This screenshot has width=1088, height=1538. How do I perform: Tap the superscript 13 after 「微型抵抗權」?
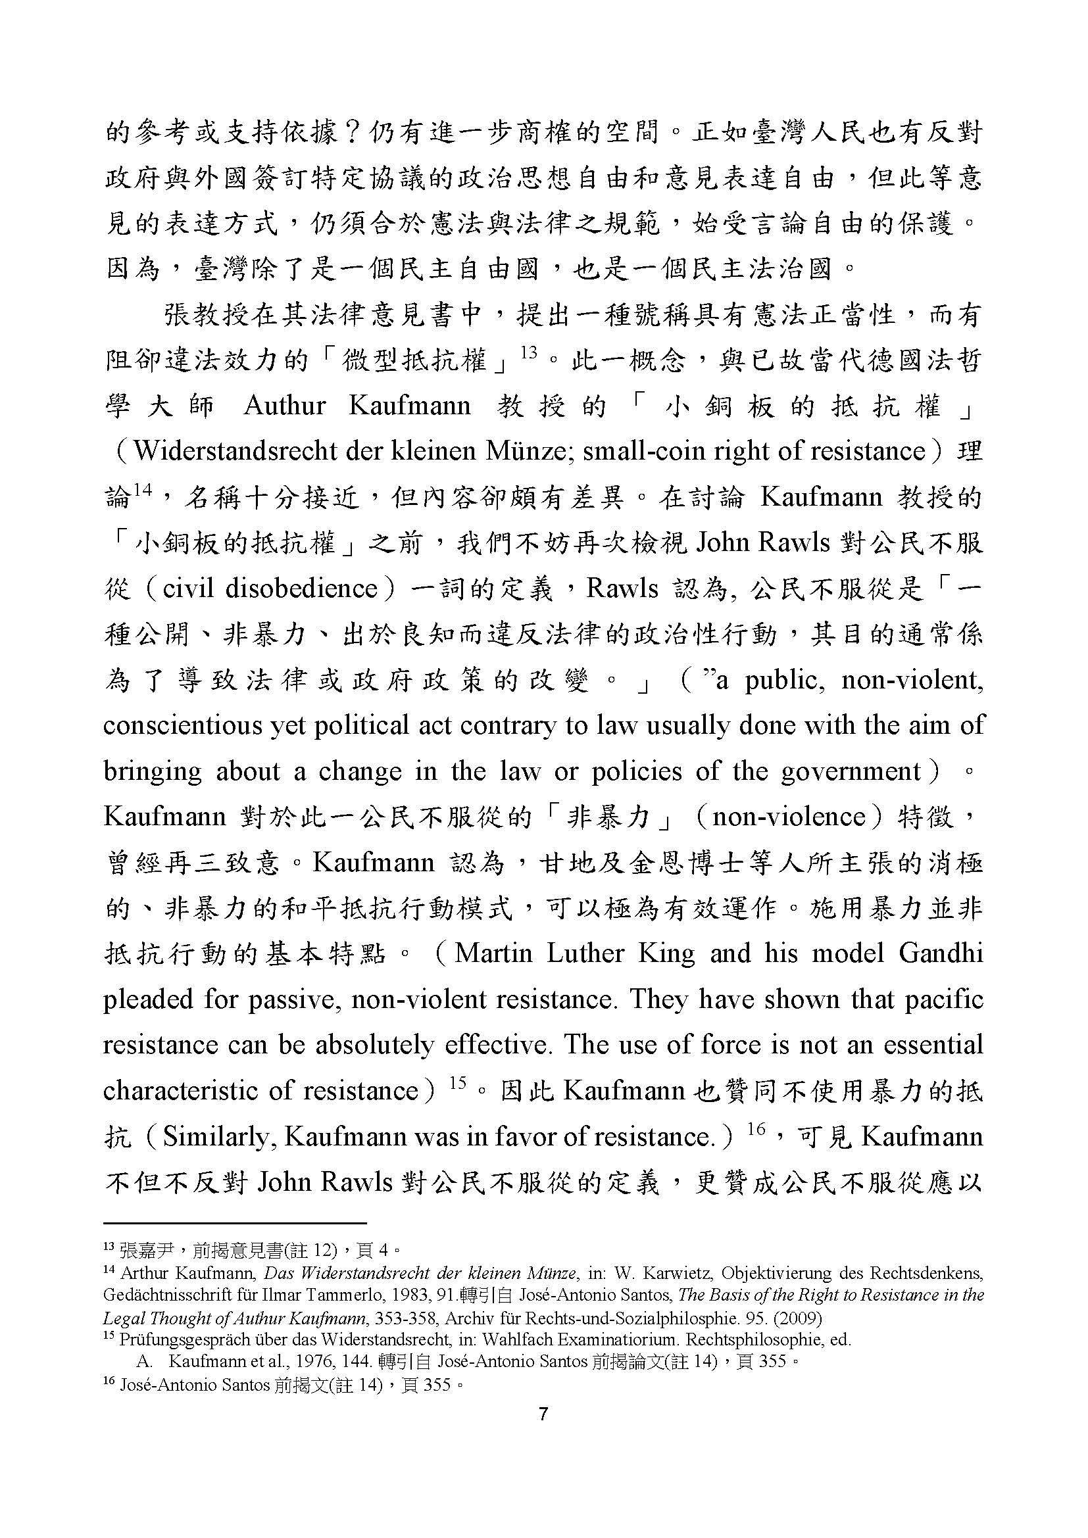tap(530, 352)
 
